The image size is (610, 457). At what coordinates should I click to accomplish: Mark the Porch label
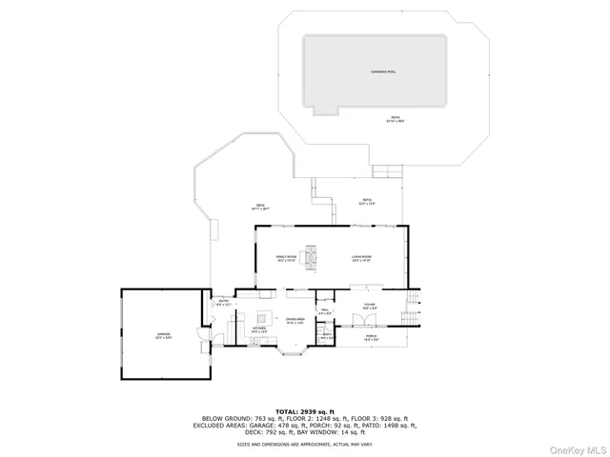[371, 337]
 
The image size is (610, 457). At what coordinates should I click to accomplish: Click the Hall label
[324, 311]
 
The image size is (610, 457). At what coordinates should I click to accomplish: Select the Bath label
[327, 335]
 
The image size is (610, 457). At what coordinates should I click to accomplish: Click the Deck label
[259, 207]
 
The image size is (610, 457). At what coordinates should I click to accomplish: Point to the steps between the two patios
[389, 170]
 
